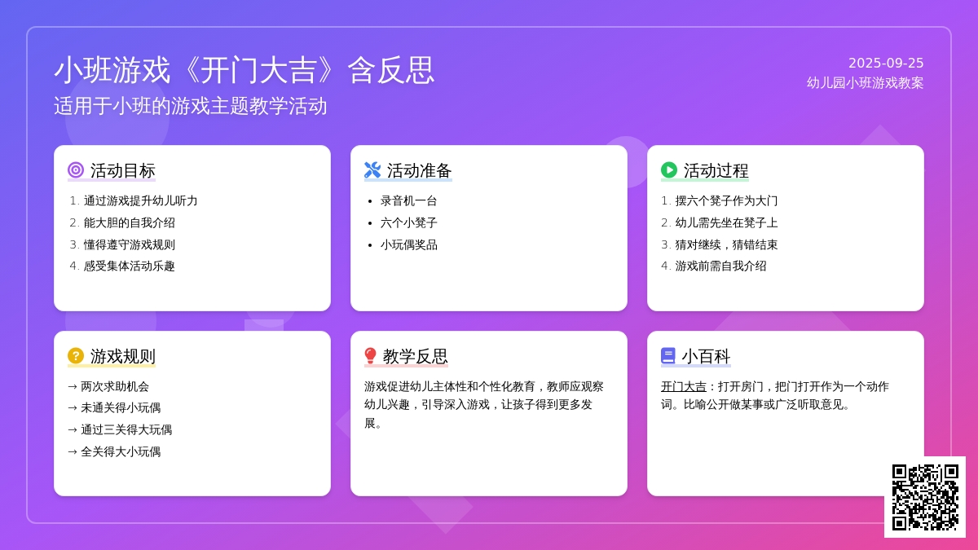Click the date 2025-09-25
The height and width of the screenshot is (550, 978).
click(x=886, y=64)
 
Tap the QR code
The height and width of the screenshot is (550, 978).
click(x=925, y=497)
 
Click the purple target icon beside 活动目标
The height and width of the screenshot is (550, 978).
click(x=76, y=170)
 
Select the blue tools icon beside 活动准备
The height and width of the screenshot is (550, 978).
click(x=372, y=170)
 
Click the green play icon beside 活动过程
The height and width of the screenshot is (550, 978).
click(x=669, y=170)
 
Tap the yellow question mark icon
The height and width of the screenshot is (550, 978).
click(x=76, y=356)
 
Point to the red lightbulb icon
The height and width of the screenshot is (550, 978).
click(x=370, y=356)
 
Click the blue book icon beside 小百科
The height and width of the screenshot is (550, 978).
click(x=668, y=356)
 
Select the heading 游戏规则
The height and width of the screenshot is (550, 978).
click(x=123, y=356)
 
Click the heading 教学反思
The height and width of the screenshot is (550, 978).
click(x=415, y=356)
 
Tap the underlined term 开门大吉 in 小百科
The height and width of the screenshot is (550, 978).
click(x=683, y=387)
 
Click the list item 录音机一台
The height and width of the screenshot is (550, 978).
click(x=408, y=200)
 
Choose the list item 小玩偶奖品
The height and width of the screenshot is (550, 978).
click(x=408, y=245)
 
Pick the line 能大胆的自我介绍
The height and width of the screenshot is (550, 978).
click(x=130, y=223)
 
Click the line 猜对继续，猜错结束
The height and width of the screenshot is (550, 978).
click(x=726, y=245)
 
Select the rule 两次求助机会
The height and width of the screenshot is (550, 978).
click(x=115, y=387)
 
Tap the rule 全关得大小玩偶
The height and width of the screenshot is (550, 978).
click(x=121, y=451)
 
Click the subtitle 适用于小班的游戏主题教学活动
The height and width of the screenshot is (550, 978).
click(x=191, y=106)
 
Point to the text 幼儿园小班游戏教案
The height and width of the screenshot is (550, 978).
click(x=865, y=83)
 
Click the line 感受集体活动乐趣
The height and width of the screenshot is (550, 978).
click(x=130, y=266)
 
